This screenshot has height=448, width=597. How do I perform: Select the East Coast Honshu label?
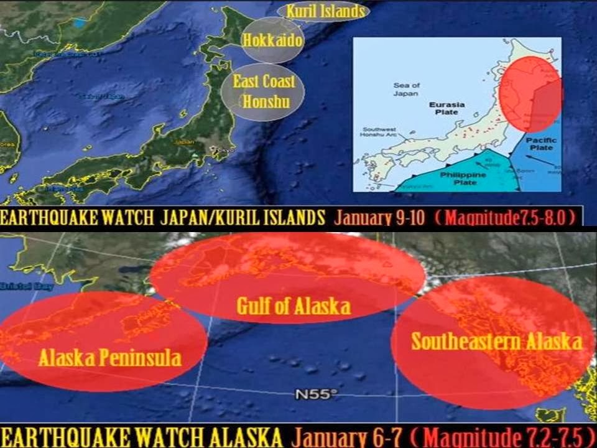click(264, 91)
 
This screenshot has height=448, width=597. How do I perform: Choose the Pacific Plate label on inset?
click(541, 144)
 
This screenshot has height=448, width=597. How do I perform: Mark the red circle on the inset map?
click(530, 93)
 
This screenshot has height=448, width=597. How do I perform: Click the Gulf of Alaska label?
click(293, 306)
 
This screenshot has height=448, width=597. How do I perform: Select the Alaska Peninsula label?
click(109, 357)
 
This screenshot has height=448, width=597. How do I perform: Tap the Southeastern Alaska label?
click(496, 342)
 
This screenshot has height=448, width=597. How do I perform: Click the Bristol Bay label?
click(18, 287)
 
